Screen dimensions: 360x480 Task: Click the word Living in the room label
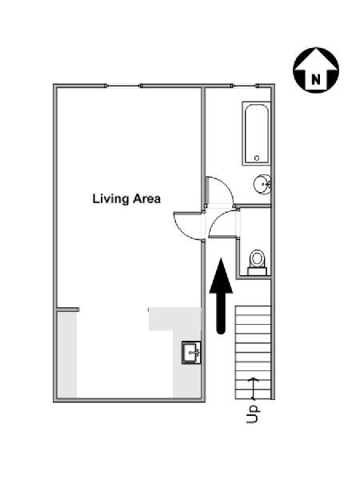(x=110, y=199)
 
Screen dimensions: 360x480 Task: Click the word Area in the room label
(x=146, y=198)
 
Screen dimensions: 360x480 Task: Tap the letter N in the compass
(x=316, y=79)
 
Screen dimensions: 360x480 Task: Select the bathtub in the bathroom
(x=257, y=134)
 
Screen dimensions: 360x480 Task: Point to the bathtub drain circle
(x=257, y=158)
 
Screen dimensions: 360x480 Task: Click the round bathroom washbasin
(x=262, y=184)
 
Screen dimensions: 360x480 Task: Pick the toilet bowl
(x=257, y=258)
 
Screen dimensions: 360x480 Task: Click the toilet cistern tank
(x=257, y=271)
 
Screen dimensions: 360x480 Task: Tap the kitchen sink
(x=191, y=353)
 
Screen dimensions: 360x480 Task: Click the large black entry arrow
(x=221, y=295)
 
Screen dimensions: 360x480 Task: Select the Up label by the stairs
(x=252, y=414)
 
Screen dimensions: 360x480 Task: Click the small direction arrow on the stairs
(x=253, y=389)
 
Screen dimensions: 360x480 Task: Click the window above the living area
(x=123, y=86)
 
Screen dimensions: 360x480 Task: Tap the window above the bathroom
(x=245, y=86)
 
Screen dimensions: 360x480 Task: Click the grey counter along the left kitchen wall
(x=67, y=355)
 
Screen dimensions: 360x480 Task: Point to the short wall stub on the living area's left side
(x=68, y=310)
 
